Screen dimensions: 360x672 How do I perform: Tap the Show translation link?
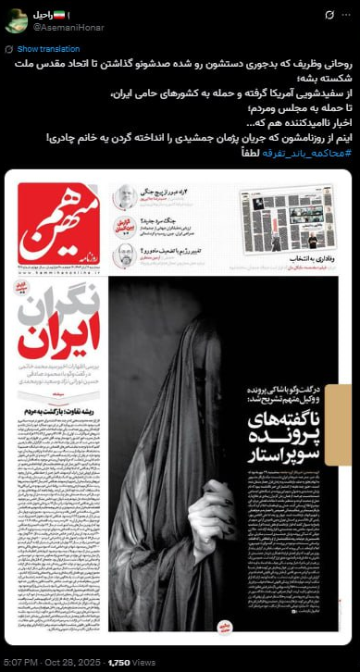[x=42, y=48]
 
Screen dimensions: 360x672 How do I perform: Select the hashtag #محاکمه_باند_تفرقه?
[x=306, y=153]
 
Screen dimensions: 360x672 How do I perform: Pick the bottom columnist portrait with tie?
[x=122, y=256]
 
